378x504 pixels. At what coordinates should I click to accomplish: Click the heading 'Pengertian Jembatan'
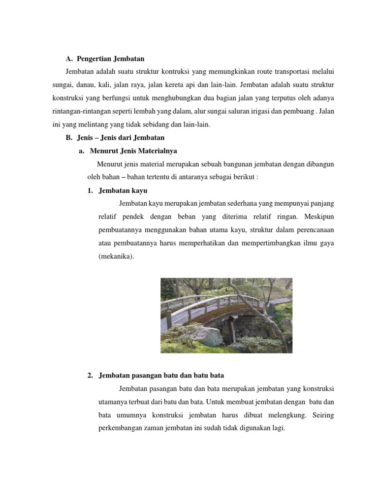(111, 59)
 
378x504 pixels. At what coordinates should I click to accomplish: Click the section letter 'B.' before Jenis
(69, 138)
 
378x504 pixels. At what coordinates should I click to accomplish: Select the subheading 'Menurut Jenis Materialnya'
(133, 151)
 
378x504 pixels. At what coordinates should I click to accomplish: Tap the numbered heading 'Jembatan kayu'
(123, 190)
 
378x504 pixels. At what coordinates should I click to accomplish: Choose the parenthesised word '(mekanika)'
(116, 256)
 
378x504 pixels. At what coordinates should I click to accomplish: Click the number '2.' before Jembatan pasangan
(90, 376)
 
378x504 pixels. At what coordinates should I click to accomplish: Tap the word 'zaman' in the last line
(157, 428)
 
